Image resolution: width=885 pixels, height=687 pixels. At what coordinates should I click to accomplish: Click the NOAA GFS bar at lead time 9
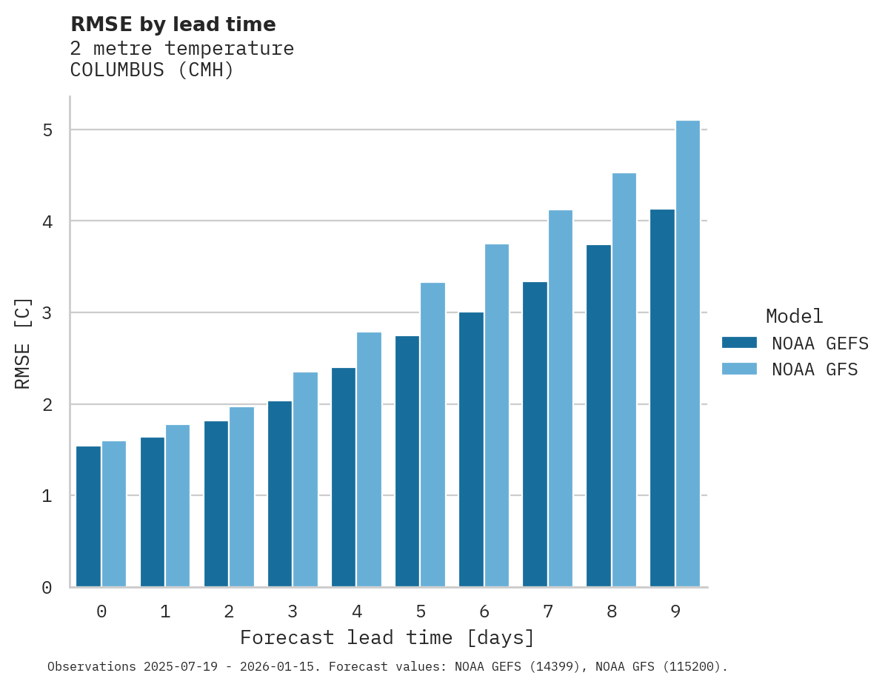(688, 354)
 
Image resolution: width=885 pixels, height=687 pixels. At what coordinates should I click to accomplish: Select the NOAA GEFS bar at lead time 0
(89, 516)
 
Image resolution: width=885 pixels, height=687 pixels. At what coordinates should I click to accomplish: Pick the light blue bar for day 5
(433, 435)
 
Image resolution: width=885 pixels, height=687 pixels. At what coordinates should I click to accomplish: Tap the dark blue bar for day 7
(535, 434)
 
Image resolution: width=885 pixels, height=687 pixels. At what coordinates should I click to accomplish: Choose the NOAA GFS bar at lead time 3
(306, 479)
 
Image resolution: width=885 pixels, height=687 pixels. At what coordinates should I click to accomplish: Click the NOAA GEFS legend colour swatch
(739, 343)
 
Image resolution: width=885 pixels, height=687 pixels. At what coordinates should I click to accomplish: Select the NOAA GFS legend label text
(815, 369)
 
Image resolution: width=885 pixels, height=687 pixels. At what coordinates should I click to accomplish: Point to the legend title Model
(794, 316)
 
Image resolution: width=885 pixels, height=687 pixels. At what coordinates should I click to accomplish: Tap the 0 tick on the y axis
(47, 588)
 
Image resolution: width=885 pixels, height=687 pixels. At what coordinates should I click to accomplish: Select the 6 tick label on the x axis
(484, 611)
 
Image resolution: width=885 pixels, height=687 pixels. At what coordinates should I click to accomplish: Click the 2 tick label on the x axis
(229, 611)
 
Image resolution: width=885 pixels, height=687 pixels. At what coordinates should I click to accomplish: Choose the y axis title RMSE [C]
(23, 343)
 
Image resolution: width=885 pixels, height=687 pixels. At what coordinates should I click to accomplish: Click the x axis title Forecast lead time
(387, 637)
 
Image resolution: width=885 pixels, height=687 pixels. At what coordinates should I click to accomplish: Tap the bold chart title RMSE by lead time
(173, 24)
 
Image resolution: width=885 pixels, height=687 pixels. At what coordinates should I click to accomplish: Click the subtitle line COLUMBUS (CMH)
(152, 70)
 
